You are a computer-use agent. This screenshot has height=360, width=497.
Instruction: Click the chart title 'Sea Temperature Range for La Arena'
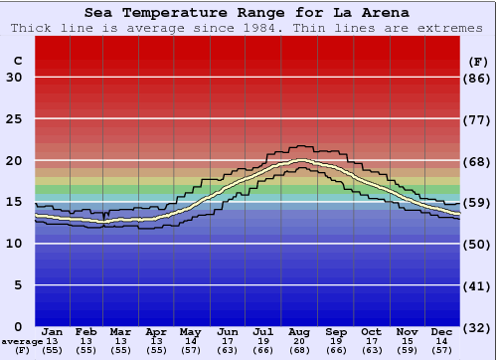click(246, 12)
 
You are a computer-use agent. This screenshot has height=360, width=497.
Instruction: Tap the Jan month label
click(53, 332)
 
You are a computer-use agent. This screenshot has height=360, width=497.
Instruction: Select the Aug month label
click(300, 332)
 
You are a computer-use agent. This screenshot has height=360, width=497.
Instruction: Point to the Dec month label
click(442, 332)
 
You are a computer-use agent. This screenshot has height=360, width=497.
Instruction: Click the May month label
click(190, 332)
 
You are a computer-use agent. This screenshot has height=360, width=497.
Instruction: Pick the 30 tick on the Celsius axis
click(14, 78)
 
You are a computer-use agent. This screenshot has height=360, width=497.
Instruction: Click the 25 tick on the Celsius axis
click(14, 119)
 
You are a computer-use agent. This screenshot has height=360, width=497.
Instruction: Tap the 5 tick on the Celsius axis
click(18, 285)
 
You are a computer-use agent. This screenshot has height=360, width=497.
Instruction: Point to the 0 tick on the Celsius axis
click(18, 326)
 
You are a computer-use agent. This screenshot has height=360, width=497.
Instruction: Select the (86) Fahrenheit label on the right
click(477, 78)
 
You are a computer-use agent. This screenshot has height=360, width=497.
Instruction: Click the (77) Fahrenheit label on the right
click(477, 119)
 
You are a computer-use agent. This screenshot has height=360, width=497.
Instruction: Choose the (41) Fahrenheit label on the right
click(477, 285)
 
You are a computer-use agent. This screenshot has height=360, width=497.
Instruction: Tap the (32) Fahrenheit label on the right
click(477, 326)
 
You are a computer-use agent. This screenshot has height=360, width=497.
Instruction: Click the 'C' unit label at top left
click(17, 61)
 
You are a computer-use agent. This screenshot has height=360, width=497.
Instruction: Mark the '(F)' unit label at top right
click(477, 61)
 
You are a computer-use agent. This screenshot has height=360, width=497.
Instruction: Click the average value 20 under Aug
click(300, 342)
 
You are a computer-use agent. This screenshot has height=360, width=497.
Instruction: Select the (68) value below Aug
click(300, 351)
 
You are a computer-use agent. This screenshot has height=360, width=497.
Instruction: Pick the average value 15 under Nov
click(407, 342)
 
